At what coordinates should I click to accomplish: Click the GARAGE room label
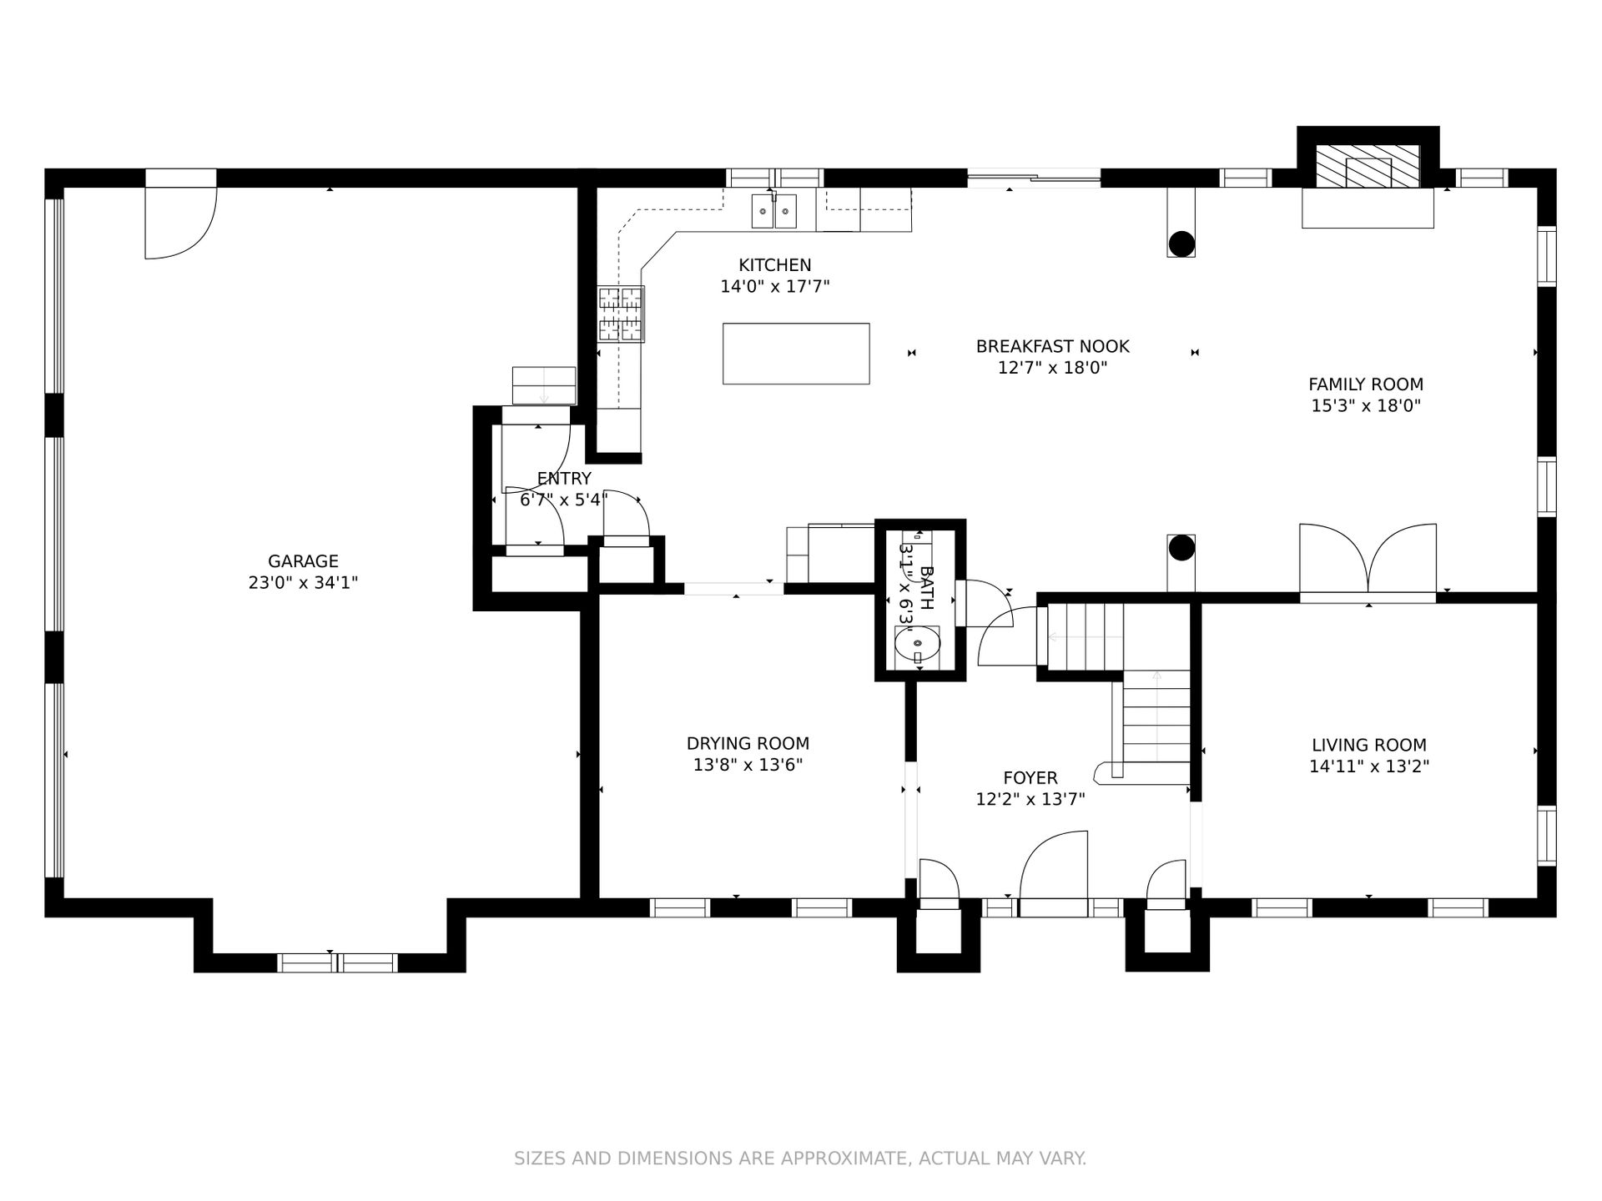coord(303,561)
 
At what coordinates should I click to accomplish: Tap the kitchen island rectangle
coord(796,354)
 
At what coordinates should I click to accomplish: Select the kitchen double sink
coord(774,211)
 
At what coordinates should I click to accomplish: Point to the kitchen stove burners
coord(622,314)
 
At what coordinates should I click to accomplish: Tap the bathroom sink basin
coord(917,644)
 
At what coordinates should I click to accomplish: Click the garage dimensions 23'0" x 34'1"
coord(303,583)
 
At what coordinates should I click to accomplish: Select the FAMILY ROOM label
coord(1366,384)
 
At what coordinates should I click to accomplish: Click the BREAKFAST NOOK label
coord(1052,346)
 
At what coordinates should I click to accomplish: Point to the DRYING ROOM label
coord(748,743)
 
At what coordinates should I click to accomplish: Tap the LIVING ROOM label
coord(1369,745)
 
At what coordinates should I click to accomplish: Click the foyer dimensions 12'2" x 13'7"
coord(1030,800)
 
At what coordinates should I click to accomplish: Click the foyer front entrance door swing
coord(1053,867)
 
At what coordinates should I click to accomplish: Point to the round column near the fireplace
coord(1181,244)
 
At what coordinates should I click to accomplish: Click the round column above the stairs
coord(1181,548)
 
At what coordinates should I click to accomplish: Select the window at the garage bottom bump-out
coord(337,962)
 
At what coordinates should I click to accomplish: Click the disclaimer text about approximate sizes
coord(800,1158)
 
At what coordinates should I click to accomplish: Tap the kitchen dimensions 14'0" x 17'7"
coord(775,287)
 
